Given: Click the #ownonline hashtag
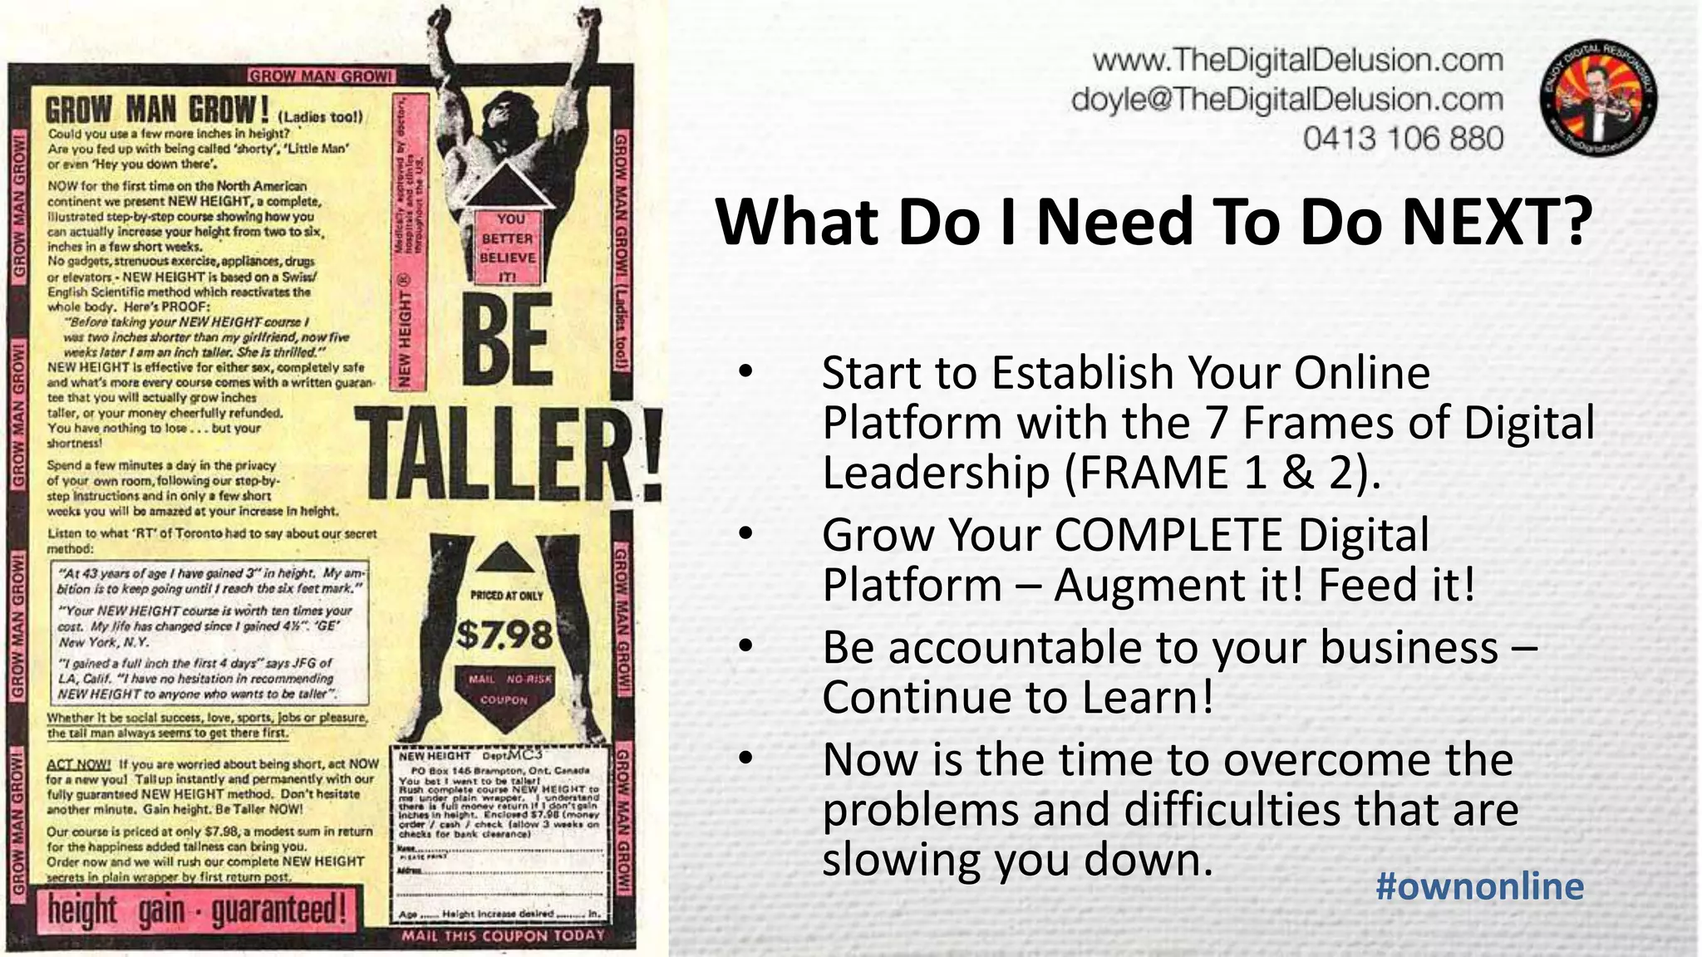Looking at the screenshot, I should (x=1479, y=886).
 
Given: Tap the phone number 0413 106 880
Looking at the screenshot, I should (x=1403, y=138).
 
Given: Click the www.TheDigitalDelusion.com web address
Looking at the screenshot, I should (x=1298, y=60).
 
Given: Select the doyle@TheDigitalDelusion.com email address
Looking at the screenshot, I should (x=1287, y=100).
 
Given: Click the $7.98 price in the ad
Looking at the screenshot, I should (x=504, y=636).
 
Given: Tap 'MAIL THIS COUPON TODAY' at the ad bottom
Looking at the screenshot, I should (x=504, y=936).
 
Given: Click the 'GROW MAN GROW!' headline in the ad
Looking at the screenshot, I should (x=157, y=109).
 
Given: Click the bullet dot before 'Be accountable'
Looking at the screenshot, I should (x=745, y=647).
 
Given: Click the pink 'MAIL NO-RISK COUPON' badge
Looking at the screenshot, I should (x=504, y=690).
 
